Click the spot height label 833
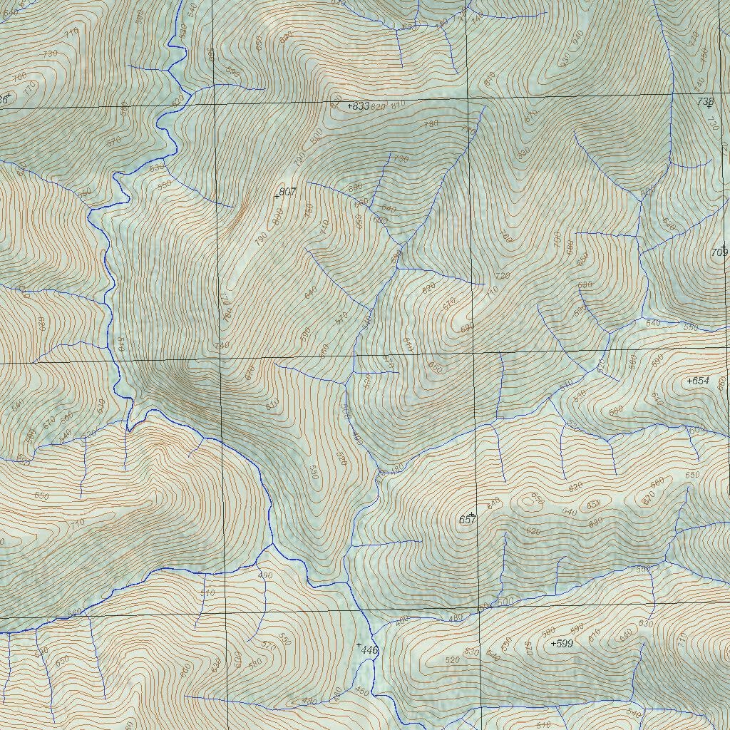[361, 106]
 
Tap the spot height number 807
[288, 192]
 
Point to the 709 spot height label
[719, 252]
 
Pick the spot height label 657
[467, 520]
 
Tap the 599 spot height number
[565, 643]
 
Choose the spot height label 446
[369, 650]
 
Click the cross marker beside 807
[277, 196]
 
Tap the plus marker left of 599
[554, 644]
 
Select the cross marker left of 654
[689, 381]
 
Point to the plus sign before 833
[349, 106]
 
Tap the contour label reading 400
[265, 575]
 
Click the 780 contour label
[431, 124]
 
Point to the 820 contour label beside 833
[378, 106]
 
